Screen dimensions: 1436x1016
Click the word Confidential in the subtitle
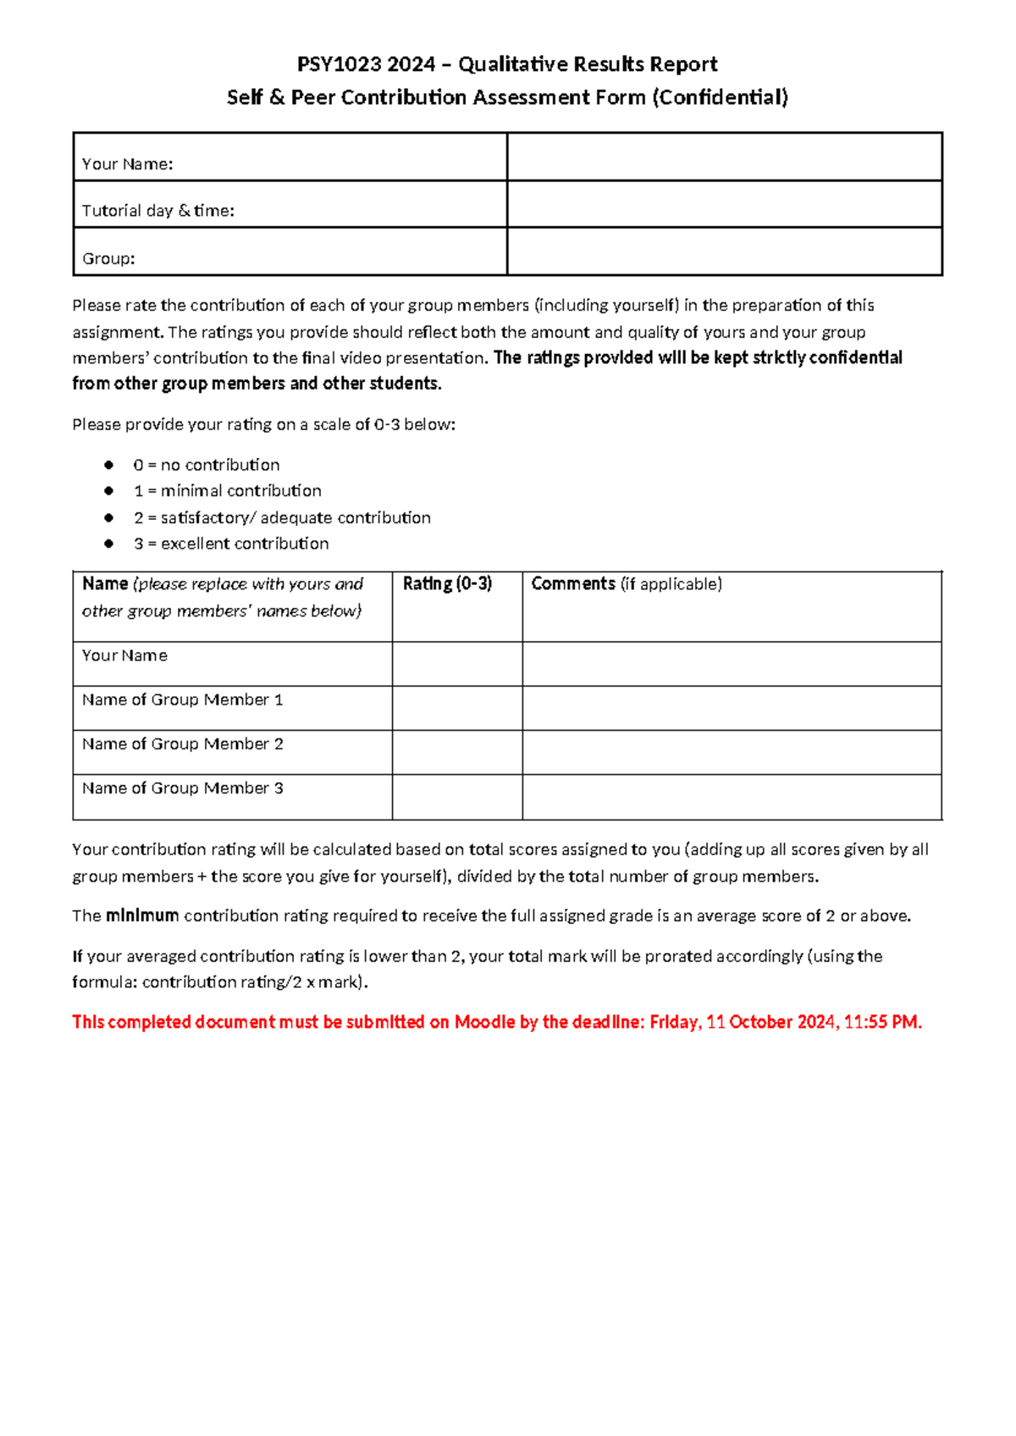point(720,97)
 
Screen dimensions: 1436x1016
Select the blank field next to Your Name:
point(724,157)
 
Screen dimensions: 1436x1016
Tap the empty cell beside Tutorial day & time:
point(724,204)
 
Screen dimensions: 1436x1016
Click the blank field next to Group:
point(724,251)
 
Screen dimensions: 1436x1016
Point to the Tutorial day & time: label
point(158,211)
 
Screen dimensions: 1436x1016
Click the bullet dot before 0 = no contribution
point(108,465)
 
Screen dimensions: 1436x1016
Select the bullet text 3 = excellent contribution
point(231,544)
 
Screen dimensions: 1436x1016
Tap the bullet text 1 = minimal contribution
point(228,491)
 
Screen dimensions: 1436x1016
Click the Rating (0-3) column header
point(447,584)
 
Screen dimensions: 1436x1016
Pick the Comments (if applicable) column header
point(627,584)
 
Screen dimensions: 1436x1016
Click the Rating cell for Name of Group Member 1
point(457,708)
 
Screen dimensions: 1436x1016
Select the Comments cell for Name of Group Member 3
point(732,797)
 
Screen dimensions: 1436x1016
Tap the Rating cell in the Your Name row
point(457,664)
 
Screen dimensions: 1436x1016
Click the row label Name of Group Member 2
point(183,744)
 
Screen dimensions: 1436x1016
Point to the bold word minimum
point(142,916)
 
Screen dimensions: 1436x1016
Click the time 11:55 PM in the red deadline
point(881,1022)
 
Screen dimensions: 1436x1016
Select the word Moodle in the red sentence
point(485,1022)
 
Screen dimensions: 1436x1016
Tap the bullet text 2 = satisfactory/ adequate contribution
point(282,517)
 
